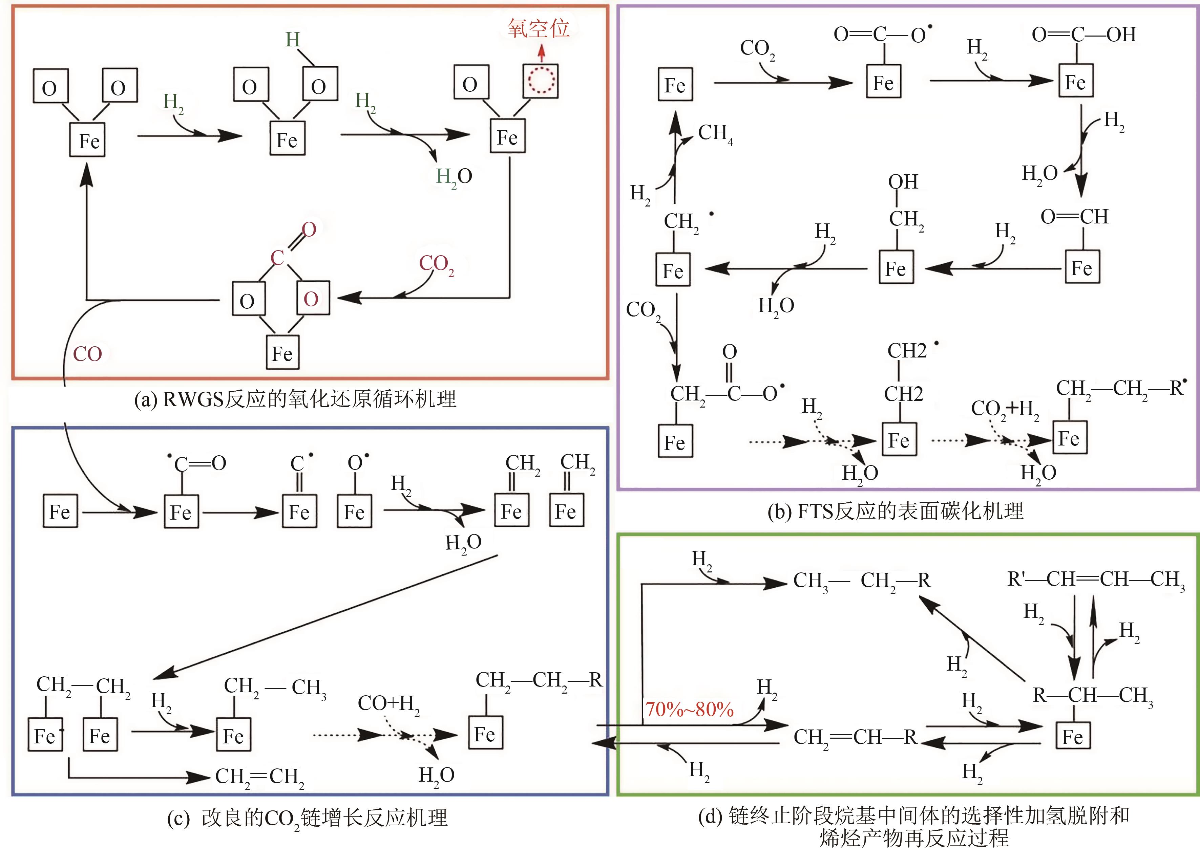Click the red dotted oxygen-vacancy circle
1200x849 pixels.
pyautogui.click(x=540, y=81)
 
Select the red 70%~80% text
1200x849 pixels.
pyautogui.click(x=689, y=710)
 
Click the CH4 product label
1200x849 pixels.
pyautogui.click(x=715, y=133)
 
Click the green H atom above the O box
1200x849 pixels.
pyautogui.click(x=293, y=40)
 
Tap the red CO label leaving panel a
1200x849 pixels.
pyautogui.click(x=87, y=354)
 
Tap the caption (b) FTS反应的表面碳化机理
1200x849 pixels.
pyautogui.click(x=895, y=511)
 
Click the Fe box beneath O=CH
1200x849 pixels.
pyautogui.click(x=1082, y=268)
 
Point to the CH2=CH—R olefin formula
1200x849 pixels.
pyautogui.click(x=855, y=737)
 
